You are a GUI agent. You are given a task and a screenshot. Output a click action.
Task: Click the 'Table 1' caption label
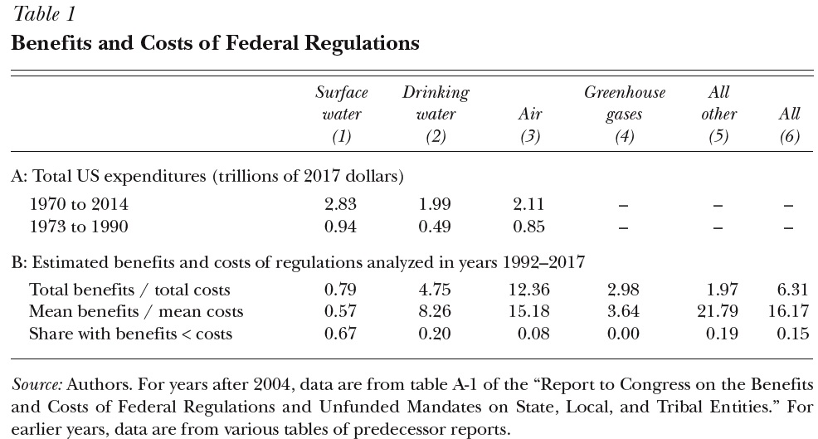45,14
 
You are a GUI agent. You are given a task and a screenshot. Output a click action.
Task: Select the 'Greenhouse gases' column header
625,104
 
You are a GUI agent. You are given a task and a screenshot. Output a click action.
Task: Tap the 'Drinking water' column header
436,104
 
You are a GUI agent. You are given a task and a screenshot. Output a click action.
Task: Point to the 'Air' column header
530,114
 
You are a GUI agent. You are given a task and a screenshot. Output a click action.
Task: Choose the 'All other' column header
719,104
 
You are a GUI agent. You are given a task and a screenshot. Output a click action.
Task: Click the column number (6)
789,136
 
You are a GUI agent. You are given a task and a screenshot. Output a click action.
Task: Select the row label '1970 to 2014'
79,203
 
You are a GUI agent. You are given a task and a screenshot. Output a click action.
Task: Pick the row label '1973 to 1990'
79,227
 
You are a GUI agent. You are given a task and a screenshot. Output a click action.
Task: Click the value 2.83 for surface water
340,203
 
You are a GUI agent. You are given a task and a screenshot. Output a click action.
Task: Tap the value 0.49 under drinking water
435,227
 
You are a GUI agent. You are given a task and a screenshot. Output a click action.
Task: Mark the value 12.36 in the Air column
529,289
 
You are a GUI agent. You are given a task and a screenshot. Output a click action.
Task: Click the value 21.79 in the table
718,311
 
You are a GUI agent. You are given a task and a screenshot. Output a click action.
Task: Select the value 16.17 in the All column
788,311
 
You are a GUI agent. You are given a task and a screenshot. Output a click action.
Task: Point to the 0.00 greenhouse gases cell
623,334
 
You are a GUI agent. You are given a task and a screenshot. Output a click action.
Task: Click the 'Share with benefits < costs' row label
130,334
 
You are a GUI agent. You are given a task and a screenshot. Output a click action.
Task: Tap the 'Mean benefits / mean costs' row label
136,312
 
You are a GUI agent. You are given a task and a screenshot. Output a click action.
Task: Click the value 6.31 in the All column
792,289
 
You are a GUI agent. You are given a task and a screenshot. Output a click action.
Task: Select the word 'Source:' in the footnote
37,385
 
